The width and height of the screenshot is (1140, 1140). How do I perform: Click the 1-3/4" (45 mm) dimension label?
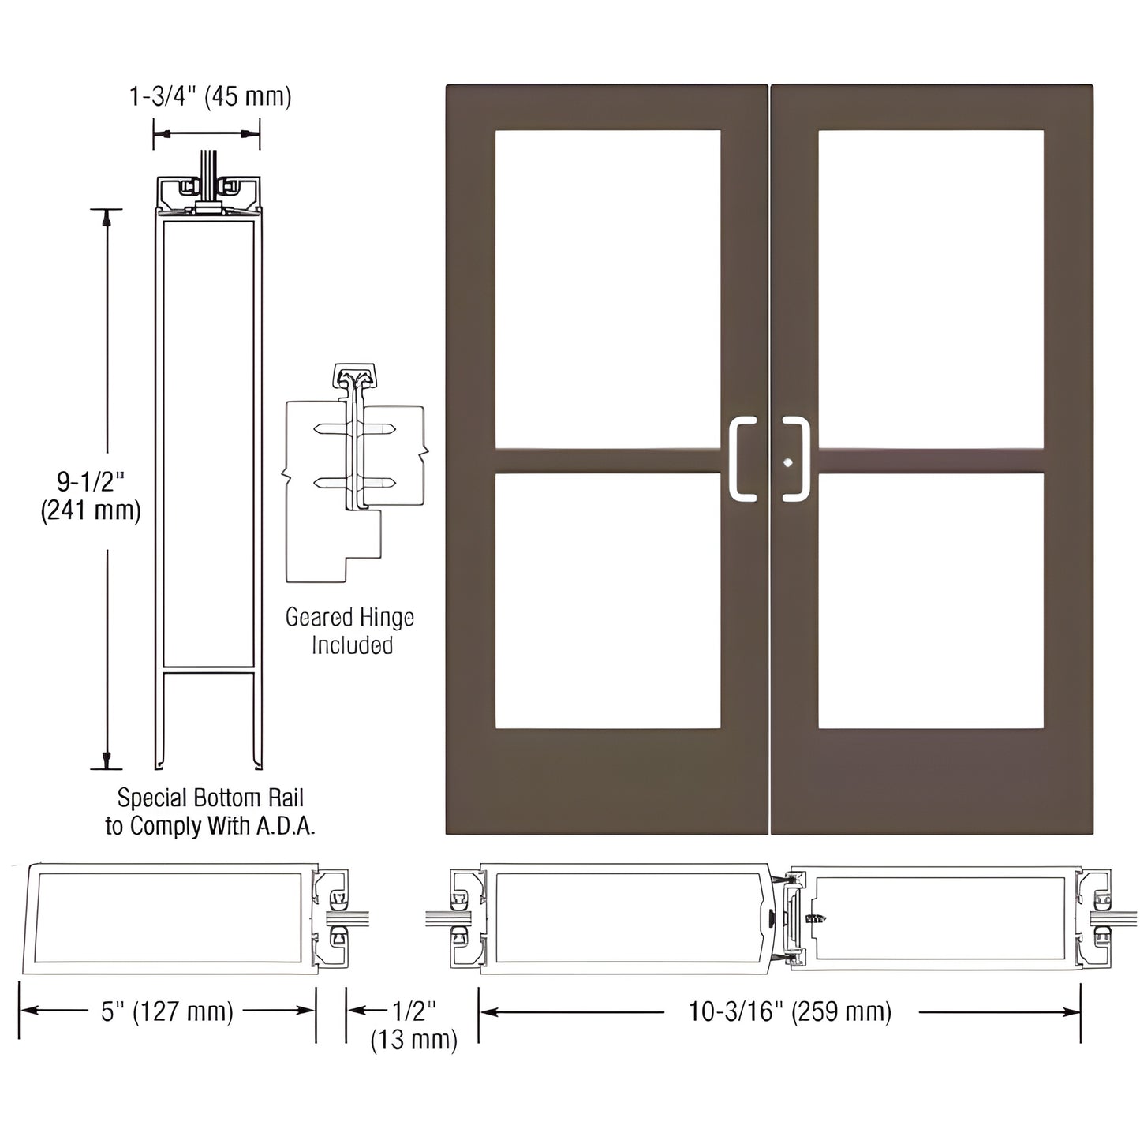(210, 97)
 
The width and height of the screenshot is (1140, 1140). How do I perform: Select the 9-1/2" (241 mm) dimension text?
(90, 495)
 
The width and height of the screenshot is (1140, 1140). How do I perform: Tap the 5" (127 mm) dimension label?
(167, 1011)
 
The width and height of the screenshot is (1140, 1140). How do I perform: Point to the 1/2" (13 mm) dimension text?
(414, 1025)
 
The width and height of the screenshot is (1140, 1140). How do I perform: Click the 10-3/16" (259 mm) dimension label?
(790, 1011)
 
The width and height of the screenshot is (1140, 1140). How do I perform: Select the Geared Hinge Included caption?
(350, 631)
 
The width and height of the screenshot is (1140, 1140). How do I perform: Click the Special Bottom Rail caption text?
(210, 798)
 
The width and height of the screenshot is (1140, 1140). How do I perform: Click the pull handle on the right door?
(798, 459)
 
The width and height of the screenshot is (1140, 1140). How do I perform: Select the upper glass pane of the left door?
(607, 290)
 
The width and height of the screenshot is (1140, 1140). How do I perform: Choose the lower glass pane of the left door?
(607, 600)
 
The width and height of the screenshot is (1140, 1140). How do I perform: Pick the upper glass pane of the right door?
(931, 290)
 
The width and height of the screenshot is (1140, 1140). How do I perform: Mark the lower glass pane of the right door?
(931, 600)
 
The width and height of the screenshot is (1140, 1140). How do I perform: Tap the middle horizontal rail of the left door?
(607, 461)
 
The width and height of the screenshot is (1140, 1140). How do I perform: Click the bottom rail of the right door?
(931, 781)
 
